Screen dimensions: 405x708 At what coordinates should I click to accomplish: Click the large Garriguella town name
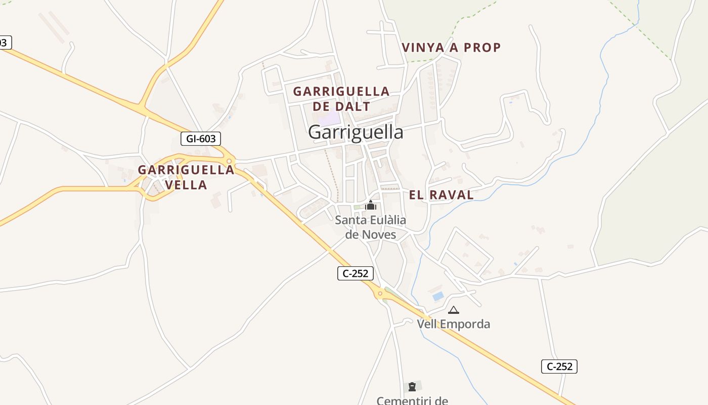[x=356, y=132]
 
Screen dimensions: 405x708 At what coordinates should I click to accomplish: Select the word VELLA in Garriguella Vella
[x=186, y=185]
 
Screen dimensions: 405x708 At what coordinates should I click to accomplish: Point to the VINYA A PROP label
[x=451, y=48]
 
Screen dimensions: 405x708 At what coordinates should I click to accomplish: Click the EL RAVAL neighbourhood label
[x=441, y=195]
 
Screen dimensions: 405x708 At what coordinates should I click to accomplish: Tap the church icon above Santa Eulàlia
[x=371, y=205]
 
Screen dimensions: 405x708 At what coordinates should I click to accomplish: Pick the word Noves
[x=378, y=235]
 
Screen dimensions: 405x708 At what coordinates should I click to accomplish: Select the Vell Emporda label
[x=454, y=323]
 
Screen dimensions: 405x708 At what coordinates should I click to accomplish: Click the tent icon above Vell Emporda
[x=454, y=310]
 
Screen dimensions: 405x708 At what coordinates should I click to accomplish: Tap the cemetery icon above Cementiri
[x=412, y=387]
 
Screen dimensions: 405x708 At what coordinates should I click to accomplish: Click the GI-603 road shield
[x=201, y=138]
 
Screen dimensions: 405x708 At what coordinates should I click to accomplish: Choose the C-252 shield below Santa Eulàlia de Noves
[x=356, y=273]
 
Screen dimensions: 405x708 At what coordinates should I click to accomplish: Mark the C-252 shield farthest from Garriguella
[x=559, y=366]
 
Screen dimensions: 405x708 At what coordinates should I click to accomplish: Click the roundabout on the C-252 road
[x=380, y=293]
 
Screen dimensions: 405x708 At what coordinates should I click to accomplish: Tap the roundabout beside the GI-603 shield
[x=230, y=161]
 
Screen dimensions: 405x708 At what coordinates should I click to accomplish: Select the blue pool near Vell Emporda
[x=438, y=296]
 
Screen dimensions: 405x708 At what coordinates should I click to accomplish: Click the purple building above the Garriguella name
[x=330, y=119]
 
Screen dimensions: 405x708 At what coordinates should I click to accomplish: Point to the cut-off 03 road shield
[x=4, y=43]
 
